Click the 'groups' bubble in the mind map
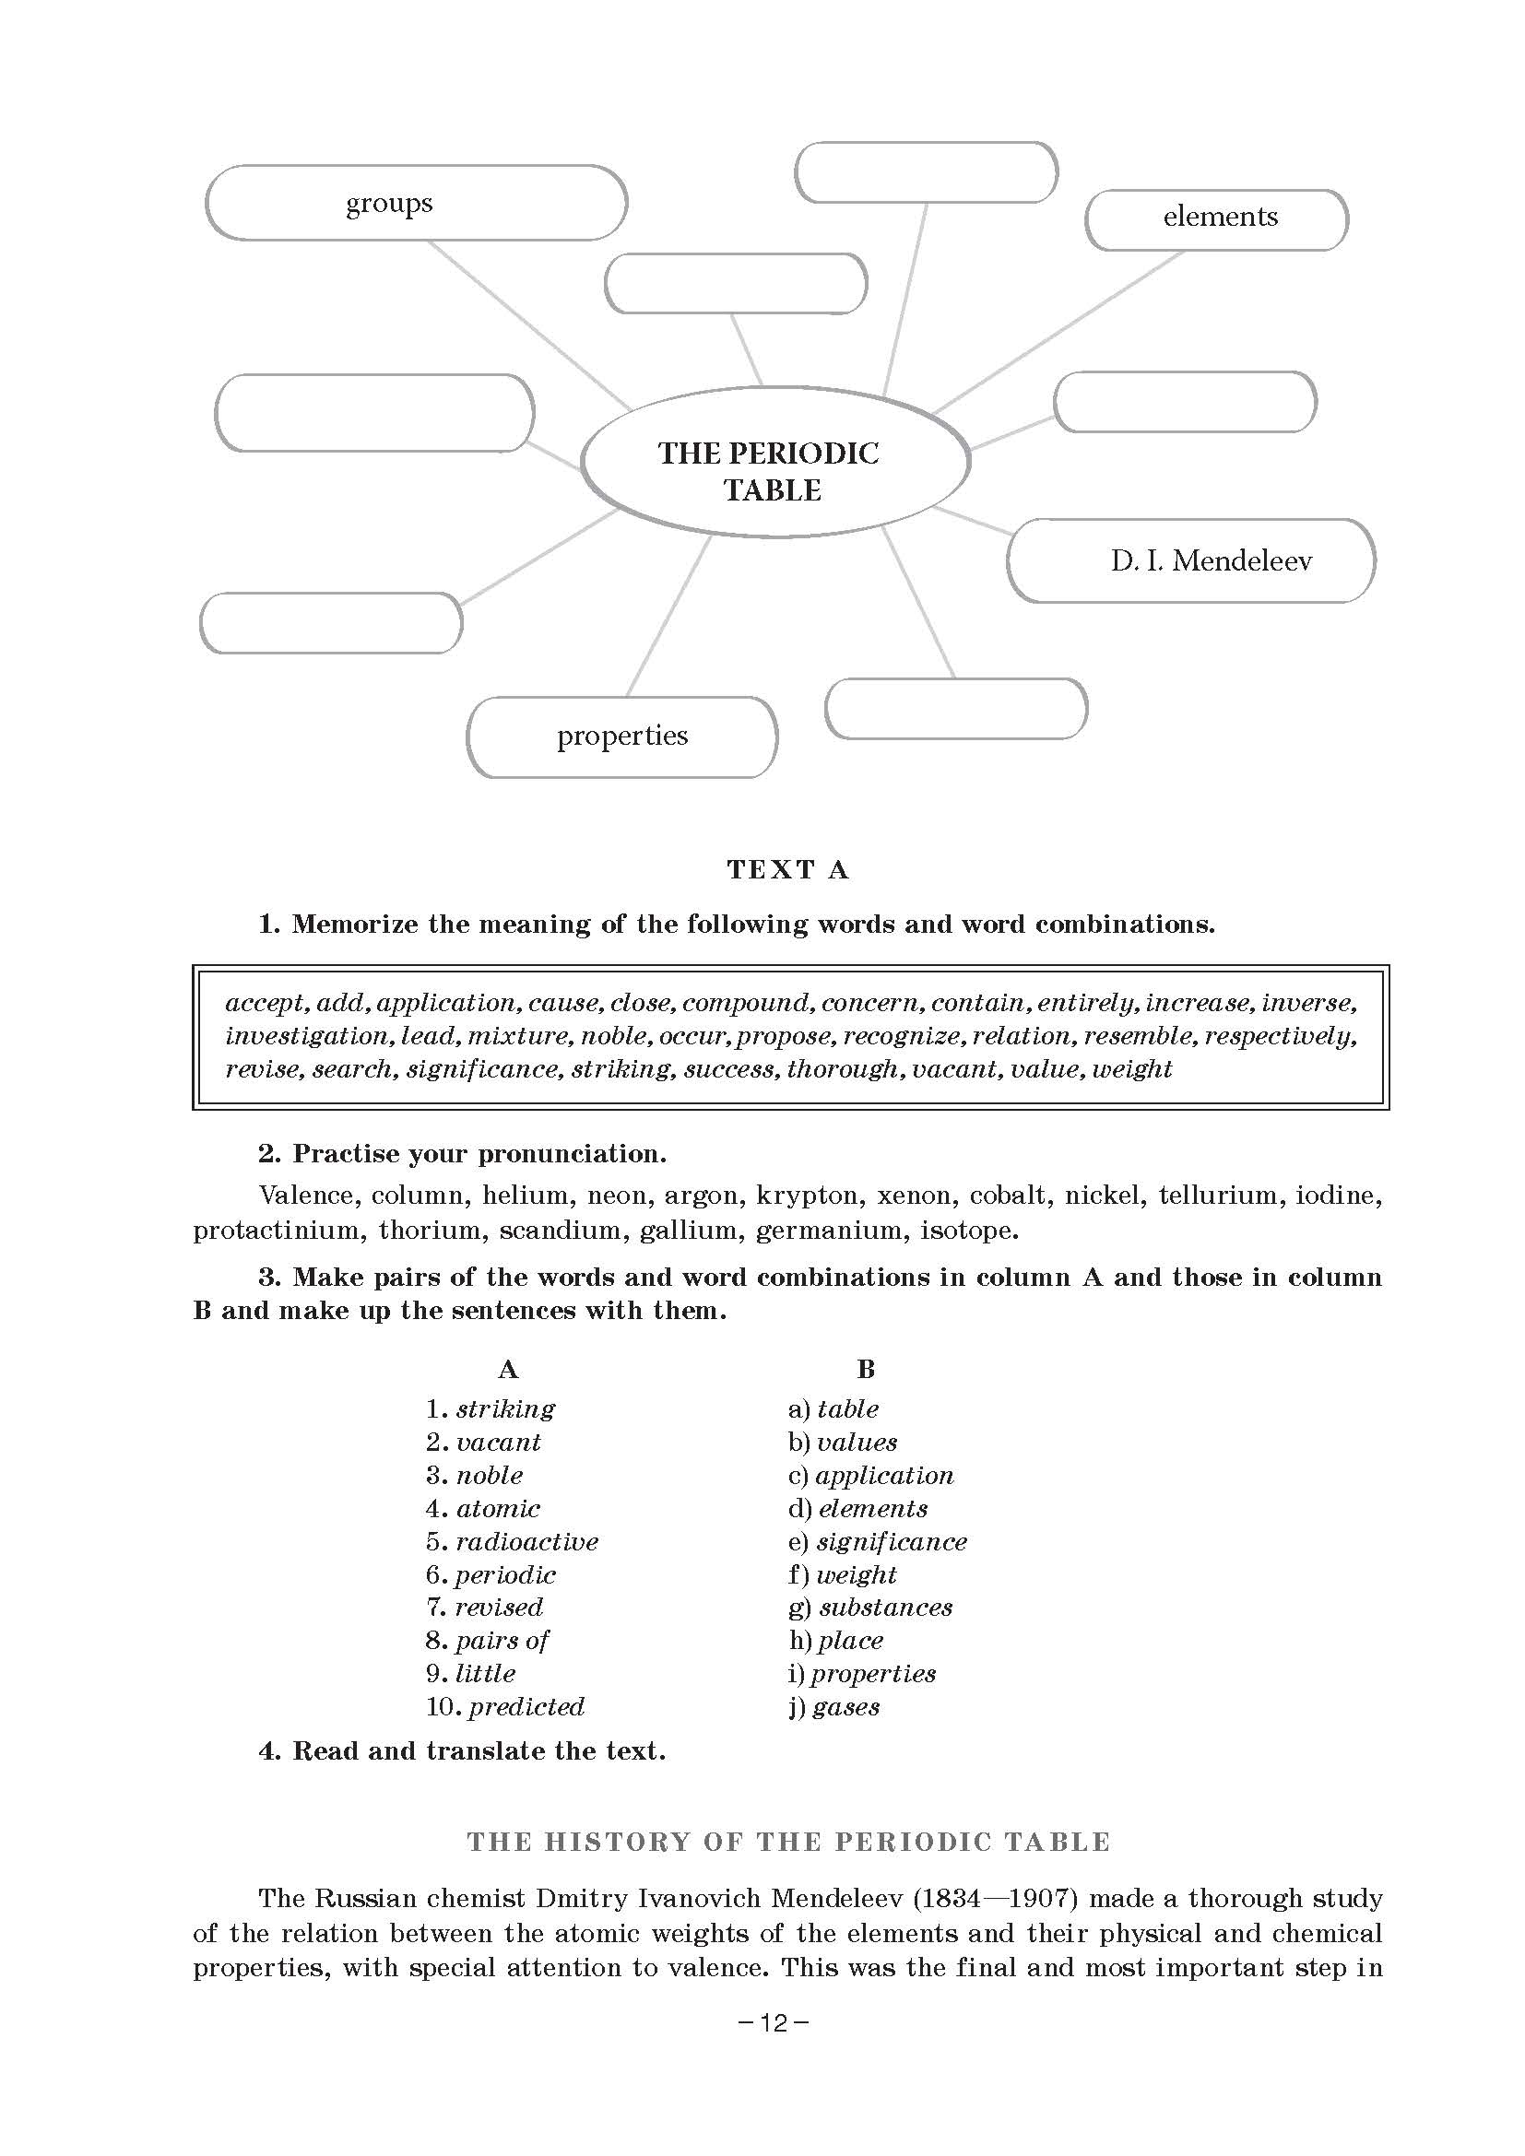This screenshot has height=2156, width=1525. click(x=415, y=203)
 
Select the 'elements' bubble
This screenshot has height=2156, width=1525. click(x=1218, y=218)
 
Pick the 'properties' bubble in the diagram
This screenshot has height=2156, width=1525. click(x=621, y=736)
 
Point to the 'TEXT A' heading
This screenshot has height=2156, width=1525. click(x=787, y=869)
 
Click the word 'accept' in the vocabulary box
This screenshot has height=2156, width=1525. click(x=266, y=1004)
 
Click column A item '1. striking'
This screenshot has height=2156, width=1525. click(x=491, y=1408)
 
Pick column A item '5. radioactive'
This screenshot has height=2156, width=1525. click(x=512, y=1541)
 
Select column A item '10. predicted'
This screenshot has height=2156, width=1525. click(x=505, y=1706)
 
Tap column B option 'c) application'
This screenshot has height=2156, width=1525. click(x=870, y=1475)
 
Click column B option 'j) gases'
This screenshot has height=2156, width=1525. click(x=833, y=1706)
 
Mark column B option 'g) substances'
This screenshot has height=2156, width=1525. click(x=870, y=1608)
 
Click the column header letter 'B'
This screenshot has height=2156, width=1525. click(x=866, y=1369)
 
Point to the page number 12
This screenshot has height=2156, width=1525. click(x=773, y=2023)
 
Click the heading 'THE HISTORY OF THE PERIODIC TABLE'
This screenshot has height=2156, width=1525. click(x=789, y=1843)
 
